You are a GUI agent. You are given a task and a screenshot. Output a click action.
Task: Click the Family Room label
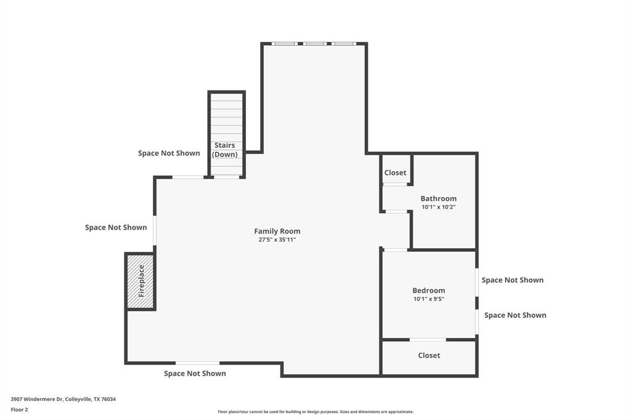tap(277, 232)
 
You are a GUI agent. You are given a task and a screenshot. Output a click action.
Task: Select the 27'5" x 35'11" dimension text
tap(277, 240)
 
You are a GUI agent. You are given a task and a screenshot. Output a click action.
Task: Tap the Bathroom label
tap(438, 199)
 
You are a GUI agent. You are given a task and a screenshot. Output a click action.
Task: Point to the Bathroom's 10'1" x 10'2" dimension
tap(438, 207)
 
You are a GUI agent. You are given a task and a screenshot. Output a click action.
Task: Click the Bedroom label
tap(428, 291)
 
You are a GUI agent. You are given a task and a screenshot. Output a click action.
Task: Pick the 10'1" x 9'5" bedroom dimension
tap(428, 299)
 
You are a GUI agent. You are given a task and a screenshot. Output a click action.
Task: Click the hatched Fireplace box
tap(140, 281)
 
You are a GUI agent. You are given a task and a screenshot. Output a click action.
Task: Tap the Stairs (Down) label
tap(225, 150)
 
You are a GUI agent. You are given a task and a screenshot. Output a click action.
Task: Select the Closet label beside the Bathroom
tap(395, 173)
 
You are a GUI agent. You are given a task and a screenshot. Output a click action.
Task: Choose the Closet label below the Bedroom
tap(429, 355)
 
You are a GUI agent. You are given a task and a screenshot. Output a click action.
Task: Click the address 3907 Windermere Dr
tap(63, 399)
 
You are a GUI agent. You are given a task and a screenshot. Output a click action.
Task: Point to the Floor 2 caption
tap(19, 410)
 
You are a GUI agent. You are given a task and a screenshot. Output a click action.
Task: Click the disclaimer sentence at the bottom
tap(315, 412)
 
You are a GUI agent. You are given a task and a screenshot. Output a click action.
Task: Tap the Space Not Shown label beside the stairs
tap(169, 153)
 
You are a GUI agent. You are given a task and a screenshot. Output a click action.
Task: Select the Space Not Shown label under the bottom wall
tap(195, 374)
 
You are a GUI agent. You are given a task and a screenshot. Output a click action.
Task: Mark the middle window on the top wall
tap(314, 44)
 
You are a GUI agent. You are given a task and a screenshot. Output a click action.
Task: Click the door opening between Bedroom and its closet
tap(428, 339)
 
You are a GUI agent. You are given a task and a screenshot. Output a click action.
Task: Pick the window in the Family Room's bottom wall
tap(197, 363)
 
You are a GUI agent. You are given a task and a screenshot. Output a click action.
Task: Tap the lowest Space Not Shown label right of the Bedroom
tap(515, 315)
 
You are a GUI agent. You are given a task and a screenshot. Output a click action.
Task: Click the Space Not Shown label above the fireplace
tap(116, 227)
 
